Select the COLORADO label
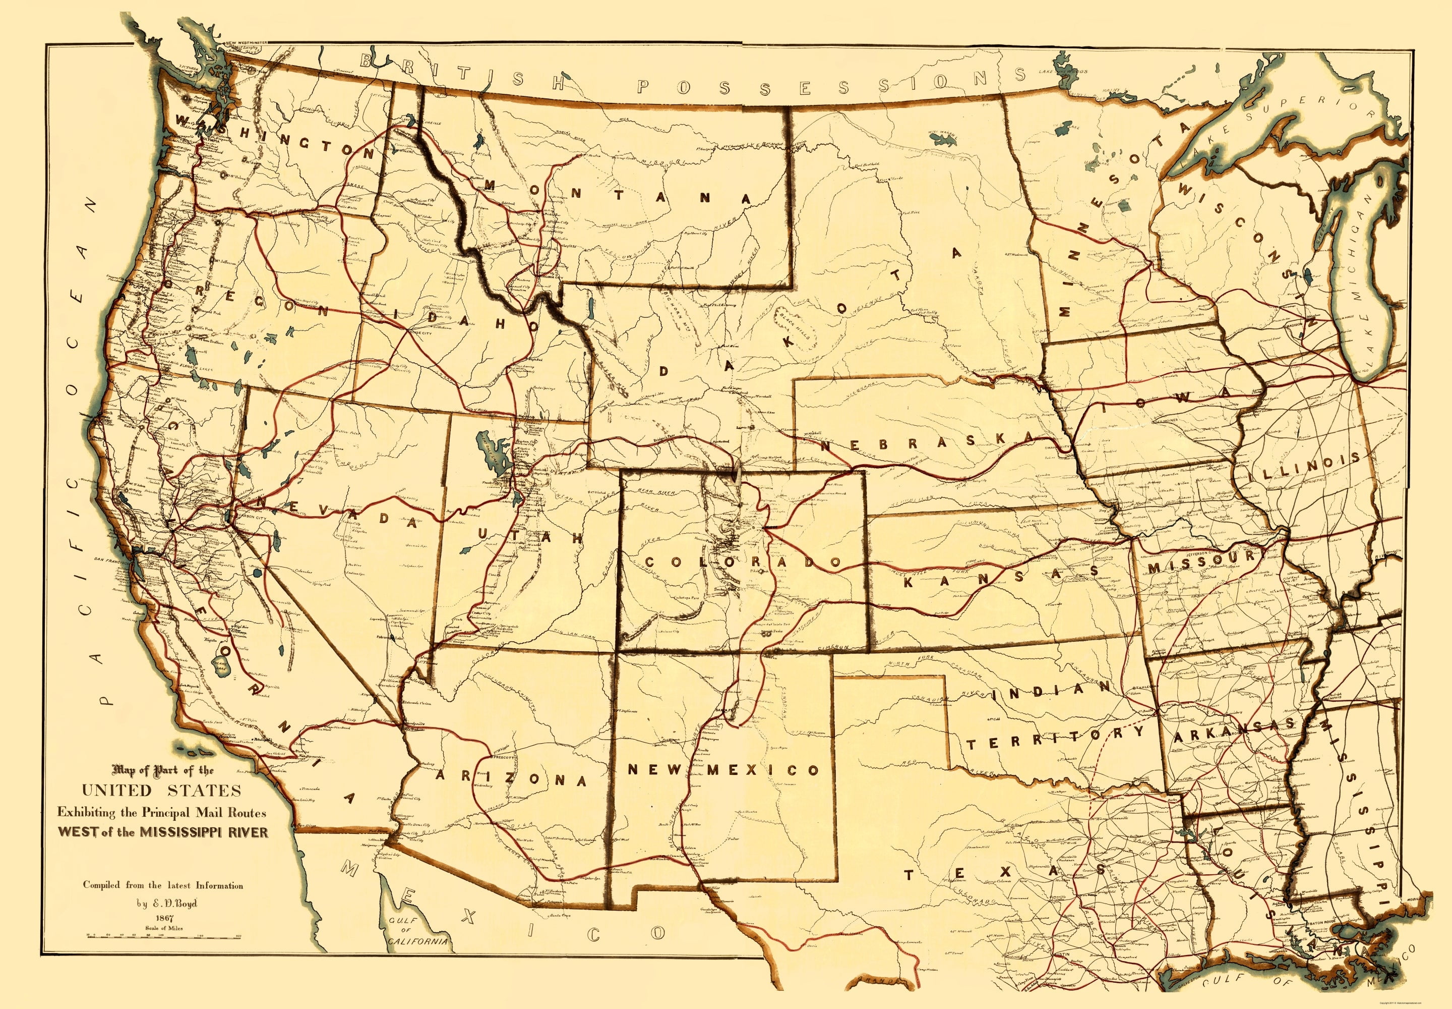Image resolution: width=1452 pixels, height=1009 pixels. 744,562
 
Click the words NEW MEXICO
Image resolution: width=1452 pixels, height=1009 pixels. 723,769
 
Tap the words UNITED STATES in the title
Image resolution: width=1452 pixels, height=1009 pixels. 161,790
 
